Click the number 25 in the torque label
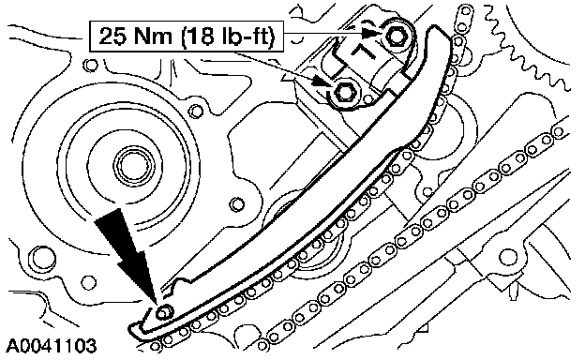point(112,37)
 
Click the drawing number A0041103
point(52,346)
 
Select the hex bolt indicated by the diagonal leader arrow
point(344,91)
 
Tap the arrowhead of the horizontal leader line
point(373,33)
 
